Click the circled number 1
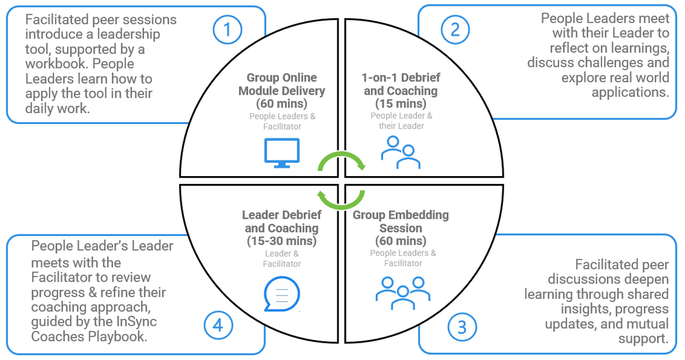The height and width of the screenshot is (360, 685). click(x=227, y=30)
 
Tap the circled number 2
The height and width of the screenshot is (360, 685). click(x=455, y=30)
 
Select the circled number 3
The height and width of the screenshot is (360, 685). click(x=462, y=327)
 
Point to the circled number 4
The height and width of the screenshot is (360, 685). click(x=218, y=325)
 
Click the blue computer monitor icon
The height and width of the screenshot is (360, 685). click(x=282, y=153)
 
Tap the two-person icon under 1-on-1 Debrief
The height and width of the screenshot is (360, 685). click(x=400, y=152)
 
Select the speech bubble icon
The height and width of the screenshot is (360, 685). click(x=282, y=294)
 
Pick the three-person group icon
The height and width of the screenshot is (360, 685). click(x=403, y=292)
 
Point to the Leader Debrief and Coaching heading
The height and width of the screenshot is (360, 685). click(x=282, y=221)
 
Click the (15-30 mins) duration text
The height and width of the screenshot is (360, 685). click(x=282, y=240)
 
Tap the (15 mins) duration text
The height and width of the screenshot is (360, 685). click(x=400, y=104)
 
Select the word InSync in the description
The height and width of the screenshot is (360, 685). click(x=136, y=321)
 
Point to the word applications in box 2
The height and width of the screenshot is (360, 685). click(x=630, y=93)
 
